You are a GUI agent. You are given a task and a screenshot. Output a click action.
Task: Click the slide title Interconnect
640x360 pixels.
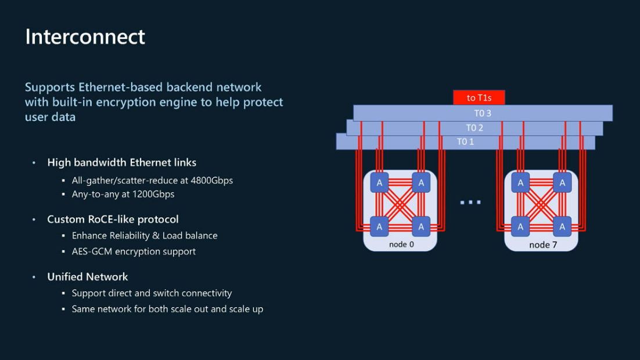click(x=85, y=37)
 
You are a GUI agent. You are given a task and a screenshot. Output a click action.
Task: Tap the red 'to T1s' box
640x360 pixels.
click(x=479, y=98)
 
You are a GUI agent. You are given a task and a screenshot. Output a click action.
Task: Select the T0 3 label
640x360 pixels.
click(x=483, y=113)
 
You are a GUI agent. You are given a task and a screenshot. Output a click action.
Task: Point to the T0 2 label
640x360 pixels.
click(x=474, y=128)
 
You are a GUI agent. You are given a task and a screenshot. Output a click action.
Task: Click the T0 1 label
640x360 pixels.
click(x=465, y=142)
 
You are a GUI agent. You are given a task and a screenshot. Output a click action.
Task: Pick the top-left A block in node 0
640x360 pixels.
click(x=379, y=182)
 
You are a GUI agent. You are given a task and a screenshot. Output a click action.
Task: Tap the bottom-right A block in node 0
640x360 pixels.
click(x=421, y=226)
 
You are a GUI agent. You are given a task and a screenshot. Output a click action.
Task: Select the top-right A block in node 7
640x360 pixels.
click(x=562, y=182)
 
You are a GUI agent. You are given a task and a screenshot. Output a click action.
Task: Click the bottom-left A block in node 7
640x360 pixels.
click(x=520, y=226)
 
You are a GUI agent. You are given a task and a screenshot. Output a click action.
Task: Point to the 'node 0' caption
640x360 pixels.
click(x=401, y=244)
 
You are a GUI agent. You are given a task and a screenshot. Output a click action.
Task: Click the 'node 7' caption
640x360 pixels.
click(x=543, y=245)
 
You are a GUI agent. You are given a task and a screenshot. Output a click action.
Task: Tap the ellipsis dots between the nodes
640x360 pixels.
click(x=470, y=202)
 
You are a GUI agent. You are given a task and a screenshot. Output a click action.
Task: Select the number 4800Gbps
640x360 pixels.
click(x=212, y=181)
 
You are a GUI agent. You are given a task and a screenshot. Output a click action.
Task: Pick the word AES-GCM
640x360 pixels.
click(x=92, y=251)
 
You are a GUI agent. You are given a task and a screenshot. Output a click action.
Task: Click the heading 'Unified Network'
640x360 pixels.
click(x=88, y=277)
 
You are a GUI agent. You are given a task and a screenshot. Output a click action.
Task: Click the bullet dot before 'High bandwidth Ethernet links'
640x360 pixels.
click(x=34, y=163)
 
